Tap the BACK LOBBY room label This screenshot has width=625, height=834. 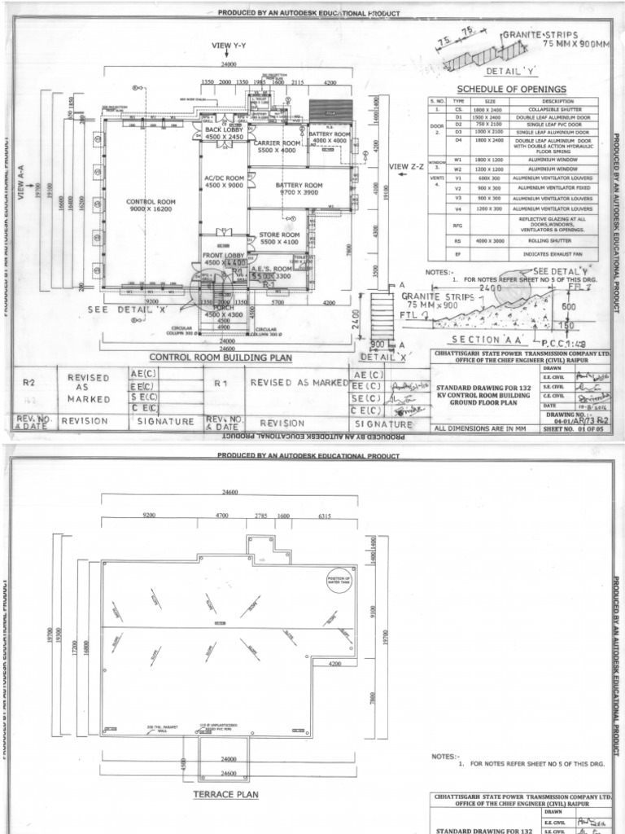pyautogui.click(x=225, y=134)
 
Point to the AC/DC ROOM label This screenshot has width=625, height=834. pyautogui.click(x=225, y=181)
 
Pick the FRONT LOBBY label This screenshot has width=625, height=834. pyautogui.click(x=224, y=260)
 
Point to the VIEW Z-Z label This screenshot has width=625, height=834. pyautogui.click(x=407, y=167)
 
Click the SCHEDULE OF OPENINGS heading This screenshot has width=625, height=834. pyautogui.click(x=511, y=89)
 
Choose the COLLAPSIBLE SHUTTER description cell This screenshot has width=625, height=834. pyautogui.click(x=543, y=110)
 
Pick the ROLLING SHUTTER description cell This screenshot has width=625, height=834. pyautogui.click(x=543, y=241)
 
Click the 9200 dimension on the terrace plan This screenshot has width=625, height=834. pyautogui.click(x=149, y=516)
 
